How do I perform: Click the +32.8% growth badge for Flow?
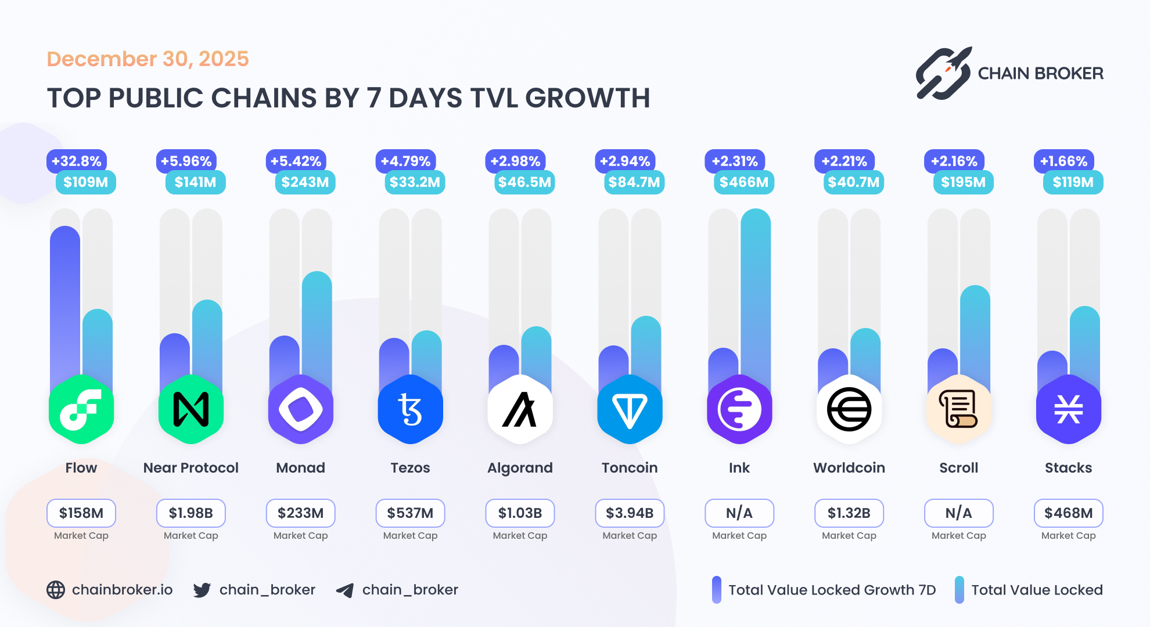[77, 161]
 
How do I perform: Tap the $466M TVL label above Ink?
[743, 182]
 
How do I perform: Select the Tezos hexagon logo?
[410, 409]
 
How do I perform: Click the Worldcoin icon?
[849, 409]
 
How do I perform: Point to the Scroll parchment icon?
[958, 409]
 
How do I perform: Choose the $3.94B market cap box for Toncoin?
[630, 513]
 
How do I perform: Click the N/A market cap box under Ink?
[739, 513]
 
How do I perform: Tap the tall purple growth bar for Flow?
[65, 302]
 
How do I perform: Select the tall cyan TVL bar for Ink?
[755, 290]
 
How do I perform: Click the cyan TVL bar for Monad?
[317, 325]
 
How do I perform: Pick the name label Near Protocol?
[191, 468]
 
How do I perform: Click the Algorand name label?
[520, 468]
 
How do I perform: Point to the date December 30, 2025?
[148, 59]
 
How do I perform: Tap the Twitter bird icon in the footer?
[202, 590]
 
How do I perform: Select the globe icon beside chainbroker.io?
[56, 590]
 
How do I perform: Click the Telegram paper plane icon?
[345, 590]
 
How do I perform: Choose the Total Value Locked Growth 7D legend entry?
[824, 590]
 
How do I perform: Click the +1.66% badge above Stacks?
[1063, 161]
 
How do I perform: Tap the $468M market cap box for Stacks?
[1068, 513]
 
